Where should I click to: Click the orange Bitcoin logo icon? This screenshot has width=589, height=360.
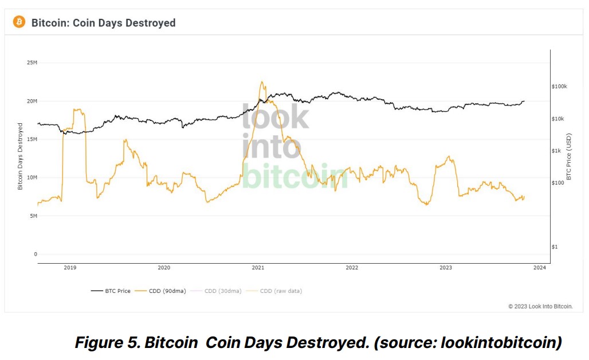pyautogui.click(x=19, y=22)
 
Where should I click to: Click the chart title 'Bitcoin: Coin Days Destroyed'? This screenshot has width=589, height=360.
pyautogui.click(x=103, y=23)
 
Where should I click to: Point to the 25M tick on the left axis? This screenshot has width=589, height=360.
pyautogui.click(x=32, y=62)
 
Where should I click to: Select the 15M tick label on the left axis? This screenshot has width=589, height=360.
pyautogui.click(x=32, y=139)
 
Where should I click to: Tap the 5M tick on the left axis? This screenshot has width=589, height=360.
pyautogui.click(x=33, y=216)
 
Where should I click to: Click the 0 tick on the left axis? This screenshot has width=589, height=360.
pyautogui.click(x=35, y=255)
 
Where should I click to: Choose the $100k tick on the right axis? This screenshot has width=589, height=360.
pyautogui.click(x=559, y=87)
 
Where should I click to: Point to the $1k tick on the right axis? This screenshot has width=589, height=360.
pyautogui.click(x=557, y=151)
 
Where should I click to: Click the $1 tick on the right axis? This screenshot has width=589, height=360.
pyautogui.click(x=555, y=247)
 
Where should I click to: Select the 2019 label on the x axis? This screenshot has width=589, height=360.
pyautogui.click(x=70, y=268)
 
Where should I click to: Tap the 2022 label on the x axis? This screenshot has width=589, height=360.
pyautogui.click(x=352, y=268)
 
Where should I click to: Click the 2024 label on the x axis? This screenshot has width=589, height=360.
pyautogui.click(x=539, y=268)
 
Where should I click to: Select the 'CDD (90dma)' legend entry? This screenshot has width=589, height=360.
pyautogui.click(x=163, y=291)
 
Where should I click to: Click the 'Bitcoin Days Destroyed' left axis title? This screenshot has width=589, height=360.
pyautogui.click(x=20, y=156)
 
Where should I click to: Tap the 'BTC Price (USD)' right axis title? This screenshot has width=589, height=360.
pyautogui.click(x=569, y=156)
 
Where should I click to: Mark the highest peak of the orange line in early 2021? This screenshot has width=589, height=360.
pyautogui.click(x=262, y=81)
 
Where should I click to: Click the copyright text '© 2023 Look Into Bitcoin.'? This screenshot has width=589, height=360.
pyautogui.click(x=540, y=307)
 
